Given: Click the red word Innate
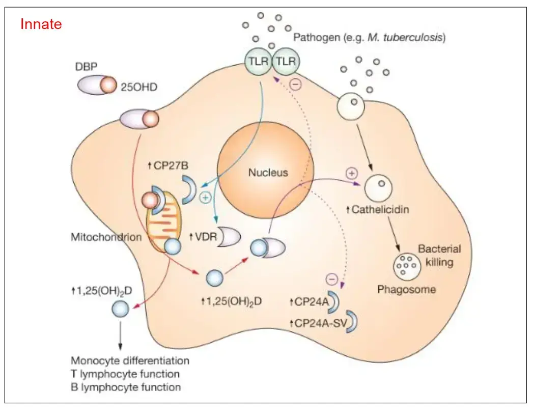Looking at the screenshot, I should click(x=41, y=24).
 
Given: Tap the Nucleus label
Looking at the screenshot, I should click(x=268, y=173).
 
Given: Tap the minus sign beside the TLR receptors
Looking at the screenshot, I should click(x=296, y=83).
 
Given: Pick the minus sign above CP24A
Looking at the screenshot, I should click(x=331, y=278).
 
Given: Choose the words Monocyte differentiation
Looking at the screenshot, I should click(x=130, y=361).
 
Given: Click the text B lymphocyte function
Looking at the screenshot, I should click(x=125, y=387).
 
